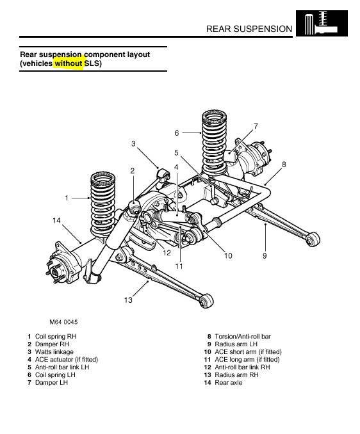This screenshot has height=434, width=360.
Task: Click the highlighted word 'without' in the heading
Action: pyautogui.click(x=69, y=63)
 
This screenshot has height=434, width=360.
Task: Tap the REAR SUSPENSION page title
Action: pyautogui.click(x=249, y=29)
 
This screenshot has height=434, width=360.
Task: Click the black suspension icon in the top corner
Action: pyautogui.click(x=322, y=23)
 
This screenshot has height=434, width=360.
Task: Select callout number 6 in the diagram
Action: pyautogui.click(x=177, y=133)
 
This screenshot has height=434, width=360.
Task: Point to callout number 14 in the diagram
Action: pyautogui.click(x=56, y=220)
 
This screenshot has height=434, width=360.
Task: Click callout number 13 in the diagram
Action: pyautogui.click(x=128, y=300)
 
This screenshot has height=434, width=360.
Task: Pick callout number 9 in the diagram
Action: pyautogui.click(x=265, y=256)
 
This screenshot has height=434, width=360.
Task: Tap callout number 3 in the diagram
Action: pyautogui.click(x=133, y=143)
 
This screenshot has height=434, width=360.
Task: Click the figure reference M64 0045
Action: pyautogui.click(x=63, y=322)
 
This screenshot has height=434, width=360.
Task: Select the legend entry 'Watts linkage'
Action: pyautogui.click(x=54, y=352)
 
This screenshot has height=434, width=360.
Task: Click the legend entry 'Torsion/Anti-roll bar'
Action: pyautogui.click(x=243, y=337)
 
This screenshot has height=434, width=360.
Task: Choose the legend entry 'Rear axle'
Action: pyautogui.click(x=229, y=383)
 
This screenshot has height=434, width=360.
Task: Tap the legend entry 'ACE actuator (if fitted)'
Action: pyautogui.click(x=67, y=360)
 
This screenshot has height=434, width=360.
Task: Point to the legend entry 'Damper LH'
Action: pyautogui.click(x=51, y=383)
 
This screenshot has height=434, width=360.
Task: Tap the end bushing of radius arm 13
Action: pyautogui.click(x=206, y=301)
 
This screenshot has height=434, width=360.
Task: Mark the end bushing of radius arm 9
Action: pyautogui.click(x=313, y=239)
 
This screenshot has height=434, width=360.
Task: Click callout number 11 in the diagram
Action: pyautogui.click(x=179, y=266)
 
